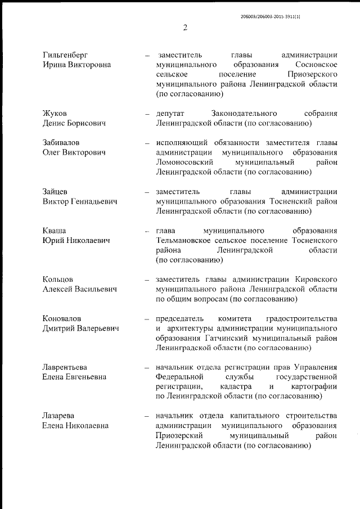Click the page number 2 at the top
click(184, 28)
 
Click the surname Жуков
click(55, 114)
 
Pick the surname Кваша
click(55, 231)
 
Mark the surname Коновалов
click(62, 318)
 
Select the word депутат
click(172, 114)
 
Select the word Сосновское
click(315, 65)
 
